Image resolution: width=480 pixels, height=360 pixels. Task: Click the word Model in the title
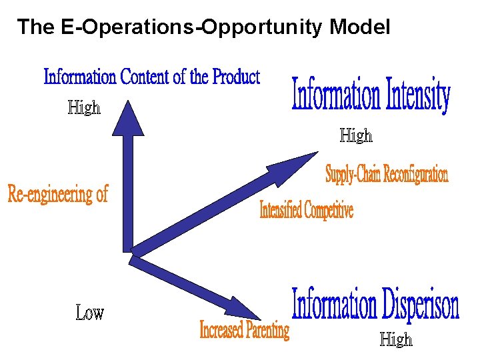[x=359, y=27]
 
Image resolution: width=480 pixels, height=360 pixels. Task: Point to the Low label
[x=89, y=313]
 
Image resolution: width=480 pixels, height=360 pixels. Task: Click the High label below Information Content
[x=84, y=107]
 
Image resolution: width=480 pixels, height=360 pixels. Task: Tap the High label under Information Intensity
[x=356, y=136]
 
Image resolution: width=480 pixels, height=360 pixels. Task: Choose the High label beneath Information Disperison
[x=396, y=340]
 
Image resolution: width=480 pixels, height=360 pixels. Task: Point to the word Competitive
[x=329, y=211]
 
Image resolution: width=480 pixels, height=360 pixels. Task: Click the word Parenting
[x=267, y=330]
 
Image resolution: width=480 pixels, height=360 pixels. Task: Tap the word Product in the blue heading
[x=236, y=77]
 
